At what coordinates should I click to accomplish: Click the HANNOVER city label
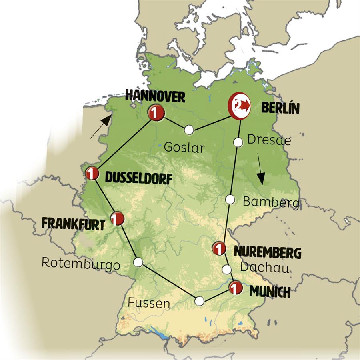[155, 96]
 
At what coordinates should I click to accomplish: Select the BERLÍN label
[280, 108]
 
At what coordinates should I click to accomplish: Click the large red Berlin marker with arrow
[239, 106]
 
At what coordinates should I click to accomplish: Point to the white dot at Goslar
[189, 130]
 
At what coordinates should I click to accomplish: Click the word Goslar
[184, 147]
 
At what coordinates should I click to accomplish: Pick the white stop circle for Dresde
[238, 142]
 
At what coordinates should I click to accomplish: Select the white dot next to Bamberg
[230, 199]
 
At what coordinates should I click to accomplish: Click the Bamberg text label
[271, 202]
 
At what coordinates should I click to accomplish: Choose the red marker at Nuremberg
[219, 248]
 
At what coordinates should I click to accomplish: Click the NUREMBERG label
[267, 252]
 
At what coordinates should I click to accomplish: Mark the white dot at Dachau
[227, 269]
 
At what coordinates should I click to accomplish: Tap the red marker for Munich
[235, 287]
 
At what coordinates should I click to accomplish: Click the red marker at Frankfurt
[117, 218]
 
